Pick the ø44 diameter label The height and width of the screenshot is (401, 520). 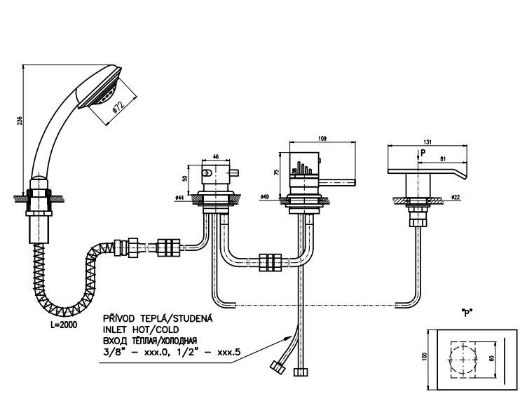point(179,198)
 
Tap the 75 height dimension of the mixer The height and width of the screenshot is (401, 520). point(278,171)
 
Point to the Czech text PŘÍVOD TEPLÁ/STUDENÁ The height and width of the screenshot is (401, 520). point(158,318)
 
